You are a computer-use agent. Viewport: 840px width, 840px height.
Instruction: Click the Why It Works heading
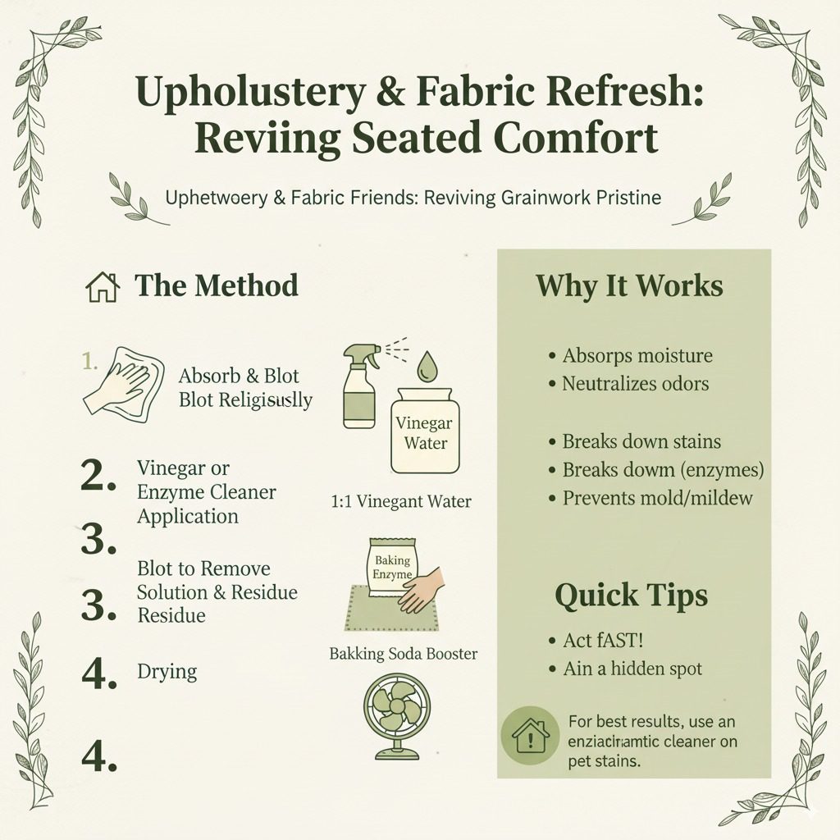(629, 285)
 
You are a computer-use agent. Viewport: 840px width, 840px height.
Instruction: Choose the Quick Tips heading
(630, 595)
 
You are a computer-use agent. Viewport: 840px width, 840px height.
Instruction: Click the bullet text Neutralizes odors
(635, 382)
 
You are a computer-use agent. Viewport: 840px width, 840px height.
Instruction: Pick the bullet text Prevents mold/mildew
(657, 497)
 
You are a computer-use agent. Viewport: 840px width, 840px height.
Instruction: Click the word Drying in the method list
(167, 672)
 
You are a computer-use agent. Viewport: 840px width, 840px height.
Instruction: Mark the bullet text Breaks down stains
(641, 441)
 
